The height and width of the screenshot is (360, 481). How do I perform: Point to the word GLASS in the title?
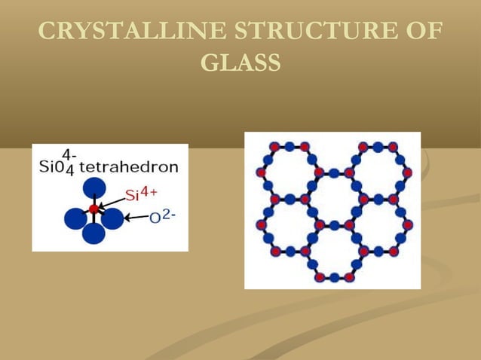coord(240,63)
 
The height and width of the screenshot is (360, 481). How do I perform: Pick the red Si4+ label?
coord(141,194)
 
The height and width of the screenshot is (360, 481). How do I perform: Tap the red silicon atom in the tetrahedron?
coord(93,209)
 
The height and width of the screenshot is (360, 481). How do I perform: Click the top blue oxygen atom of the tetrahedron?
coord(93,188)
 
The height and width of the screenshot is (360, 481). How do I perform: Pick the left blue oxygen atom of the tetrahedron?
coord(75,219)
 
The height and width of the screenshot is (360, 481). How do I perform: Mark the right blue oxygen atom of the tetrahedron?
coord(112,219)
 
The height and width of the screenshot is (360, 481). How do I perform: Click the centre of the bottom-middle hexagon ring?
coord(332,252)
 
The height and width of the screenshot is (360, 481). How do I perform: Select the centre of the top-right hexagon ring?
coord(378,172)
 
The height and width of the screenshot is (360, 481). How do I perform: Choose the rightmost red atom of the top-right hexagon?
coord(408,172)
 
